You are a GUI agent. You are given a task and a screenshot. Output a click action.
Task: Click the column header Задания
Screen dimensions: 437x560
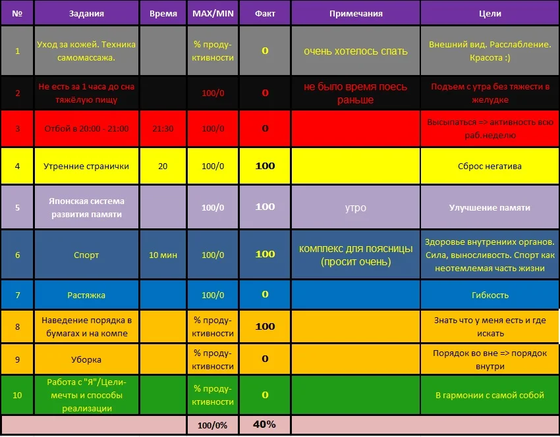[86, 13]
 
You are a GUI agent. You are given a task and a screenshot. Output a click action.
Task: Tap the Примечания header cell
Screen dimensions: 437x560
[356, 13]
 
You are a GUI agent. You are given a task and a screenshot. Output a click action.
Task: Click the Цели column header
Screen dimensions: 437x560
[490, 13]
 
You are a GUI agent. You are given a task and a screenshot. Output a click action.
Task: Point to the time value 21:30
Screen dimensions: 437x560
[163, 129]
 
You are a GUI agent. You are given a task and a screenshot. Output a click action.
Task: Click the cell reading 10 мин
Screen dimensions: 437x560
[163, 254]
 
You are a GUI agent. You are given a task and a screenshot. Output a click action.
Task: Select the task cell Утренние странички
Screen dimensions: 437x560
[86, 167]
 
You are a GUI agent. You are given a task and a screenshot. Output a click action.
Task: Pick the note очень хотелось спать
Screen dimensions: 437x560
[356, 51]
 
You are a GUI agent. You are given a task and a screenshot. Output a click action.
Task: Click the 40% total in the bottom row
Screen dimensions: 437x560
[264, 424]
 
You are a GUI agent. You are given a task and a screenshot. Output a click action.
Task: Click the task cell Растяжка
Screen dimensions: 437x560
[86, 296]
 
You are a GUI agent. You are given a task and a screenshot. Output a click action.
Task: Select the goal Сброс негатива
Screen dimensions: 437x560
[490, 167]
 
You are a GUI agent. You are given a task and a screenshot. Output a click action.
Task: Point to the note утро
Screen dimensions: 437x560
[356, 208]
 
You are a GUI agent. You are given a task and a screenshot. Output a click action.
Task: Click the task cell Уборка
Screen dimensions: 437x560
[86, 359]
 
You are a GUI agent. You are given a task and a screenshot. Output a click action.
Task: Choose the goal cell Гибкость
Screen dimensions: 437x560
[490, 296]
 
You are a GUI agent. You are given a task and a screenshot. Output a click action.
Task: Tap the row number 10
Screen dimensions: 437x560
[17, 395]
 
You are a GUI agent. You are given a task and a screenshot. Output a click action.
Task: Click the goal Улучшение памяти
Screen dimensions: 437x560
[490, 208]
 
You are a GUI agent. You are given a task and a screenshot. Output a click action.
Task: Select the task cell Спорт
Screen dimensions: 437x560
[86, 254]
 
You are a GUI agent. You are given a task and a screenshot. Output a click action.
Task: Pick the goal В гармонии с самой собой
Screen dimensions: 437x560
[490, 395]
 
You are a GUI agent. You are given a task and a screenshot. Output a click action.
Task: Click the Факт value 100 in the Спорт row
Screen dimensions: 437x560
[265, 254]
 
